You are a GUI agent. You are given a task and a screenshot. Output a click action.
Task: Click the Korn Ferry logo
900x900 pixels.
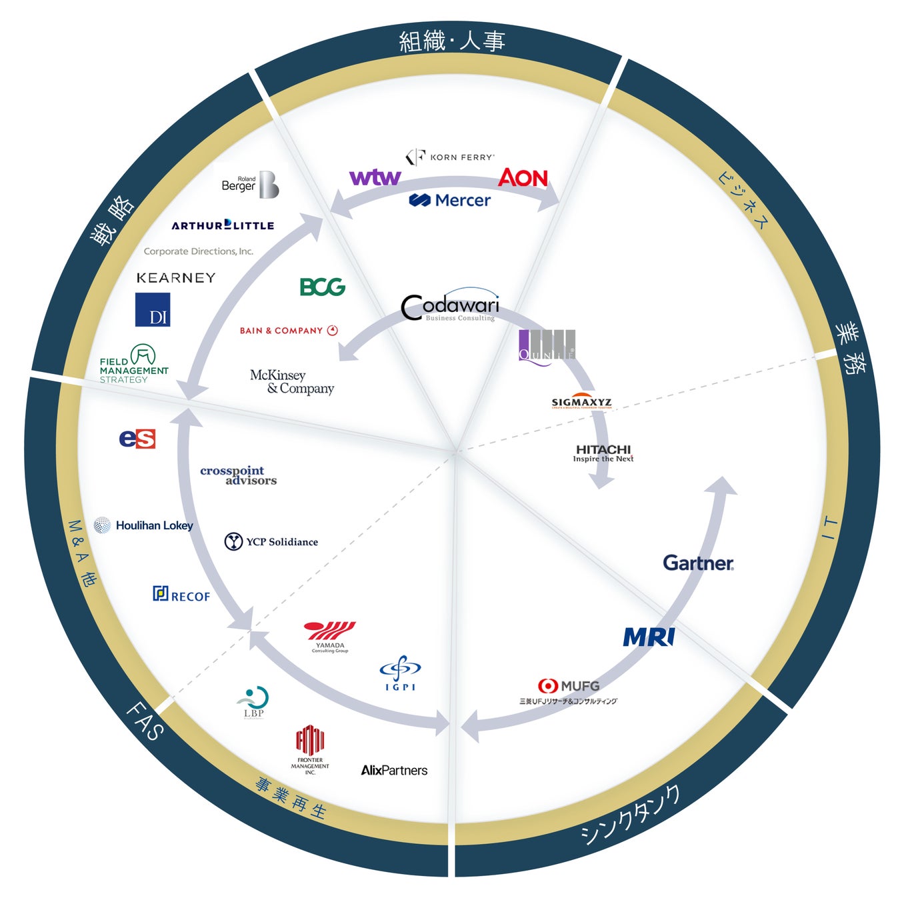(x=451, y=157)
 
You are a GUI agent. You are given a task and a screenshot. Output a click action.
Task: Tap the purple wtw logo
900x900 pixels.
(x=375, y=177)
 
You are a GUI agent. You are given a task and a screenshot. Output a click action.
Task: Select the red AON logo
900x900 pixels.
(x=523, y=178)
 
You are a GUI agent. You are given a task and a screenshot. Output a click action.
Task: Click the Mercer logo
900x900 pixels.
(x=450, y=200)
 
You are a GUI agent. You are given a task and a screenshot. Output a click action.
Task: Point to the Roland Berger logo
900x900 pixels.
(x=250, y=185)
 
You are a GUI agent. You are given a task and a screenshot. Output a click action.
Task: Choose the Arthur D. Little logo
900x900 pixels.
(x=223, y=225)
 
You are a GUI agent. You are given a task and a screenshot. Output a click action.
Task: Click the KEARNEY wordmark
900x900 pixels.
(x=176, y=278)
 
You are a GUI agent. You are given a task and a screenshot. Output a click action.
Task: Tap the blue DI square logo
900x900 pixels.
(x=153, y=310)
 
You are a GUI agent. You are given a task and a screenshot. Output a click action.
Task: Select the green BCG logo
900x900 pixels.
(x=323, y=287)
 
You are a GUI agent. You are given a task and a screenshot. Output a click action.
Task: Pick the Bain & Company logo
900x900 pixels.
(x=289, y=331)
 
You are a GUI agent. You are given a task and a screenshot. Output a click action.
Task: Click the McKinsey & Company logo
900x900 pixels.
(x=292, y=381)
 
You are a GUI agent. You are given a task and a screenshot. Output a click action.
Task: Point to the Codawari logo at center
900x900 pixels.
(x=450, y=307)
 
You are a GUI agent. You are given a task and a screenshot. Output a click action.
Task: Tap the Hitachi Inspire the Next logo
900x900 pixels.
(x=603, y=453)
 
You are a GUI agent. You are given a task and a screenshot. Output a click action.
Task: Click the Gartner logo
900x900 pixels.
(x=698, y=563)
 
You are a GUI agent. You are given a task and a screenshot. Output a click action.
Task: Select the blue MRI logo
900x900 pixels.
(x=649, y=637)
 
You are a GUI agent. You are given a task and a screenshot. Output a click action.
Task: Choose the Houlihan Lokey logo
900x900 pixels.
(x=144, y=525)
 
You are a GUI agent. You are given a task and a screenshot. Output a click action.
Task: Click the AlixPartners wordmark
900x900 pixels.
(x=394, y=771)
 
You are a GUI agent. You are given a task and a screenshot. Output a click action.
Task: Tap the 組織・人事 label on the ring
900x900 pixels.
(x=452, y=41)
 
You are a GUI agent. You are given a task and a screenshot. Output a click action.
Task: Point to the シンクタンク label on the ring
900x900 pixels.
(x=630, y=815)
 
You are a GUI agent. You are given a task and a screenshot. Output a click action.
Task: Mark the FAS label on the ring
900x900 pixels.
(x=145, y=721)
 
